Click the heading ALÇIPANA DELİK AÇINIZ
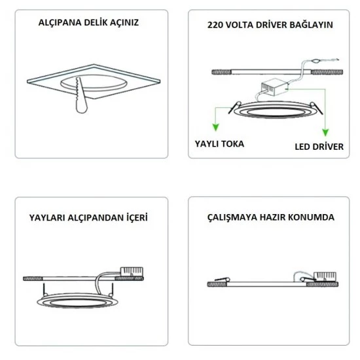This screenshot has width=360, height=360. click(89, 22)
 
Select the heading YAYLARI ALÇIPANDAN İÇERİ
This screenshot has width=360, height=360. click(88, 217)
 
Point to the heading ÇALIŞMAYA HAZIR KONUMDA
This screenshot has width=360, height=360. click(270, 217)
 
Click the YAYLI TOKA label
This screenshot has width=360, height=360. click(220, 143)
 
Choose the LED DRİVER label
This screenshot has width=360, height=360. click(319, 147)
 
